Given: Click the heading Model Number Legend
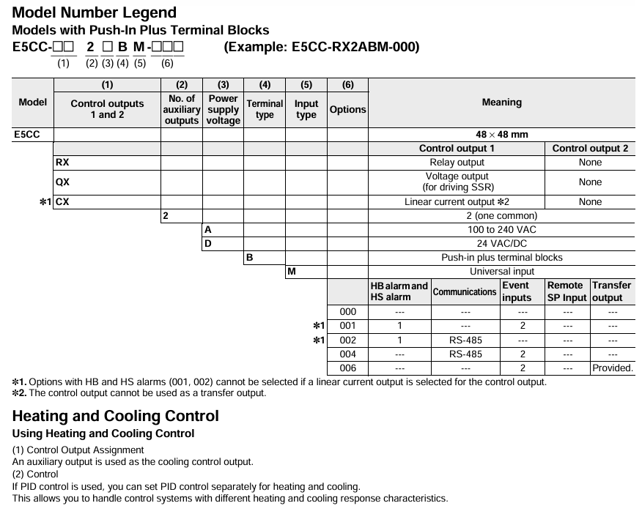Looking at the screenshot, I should click(x=95, y=12).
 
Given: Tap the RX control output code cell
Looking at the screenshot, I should click(x=63, y=163).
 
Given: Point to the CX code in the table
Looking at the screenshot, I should click(x=63, y=202).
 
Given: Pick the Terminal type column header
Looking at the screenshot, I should click(x=265, y=109).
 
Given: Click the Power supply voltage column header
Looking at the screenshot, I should click(x=223, y=109).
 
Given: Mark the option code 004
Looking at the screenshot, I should click(x=347, y=354).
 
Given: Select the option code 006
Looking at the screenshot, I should click(x=347, y=368).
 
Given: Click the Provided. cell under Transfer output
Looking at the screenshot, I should click(x=612, y=368).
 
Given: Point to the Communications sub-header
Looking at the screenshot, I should click(x=465, y=291).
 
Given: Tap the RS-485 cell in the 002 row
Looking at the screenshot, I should click(x=465, y=340).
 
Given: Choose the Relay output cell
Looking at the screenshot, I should click(x=457, y=163).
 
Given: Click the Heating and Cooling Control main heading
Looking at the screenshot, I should click(x=115, y=416).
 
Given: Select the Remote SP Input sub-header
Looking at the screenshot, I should click(x=567, y=291).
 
